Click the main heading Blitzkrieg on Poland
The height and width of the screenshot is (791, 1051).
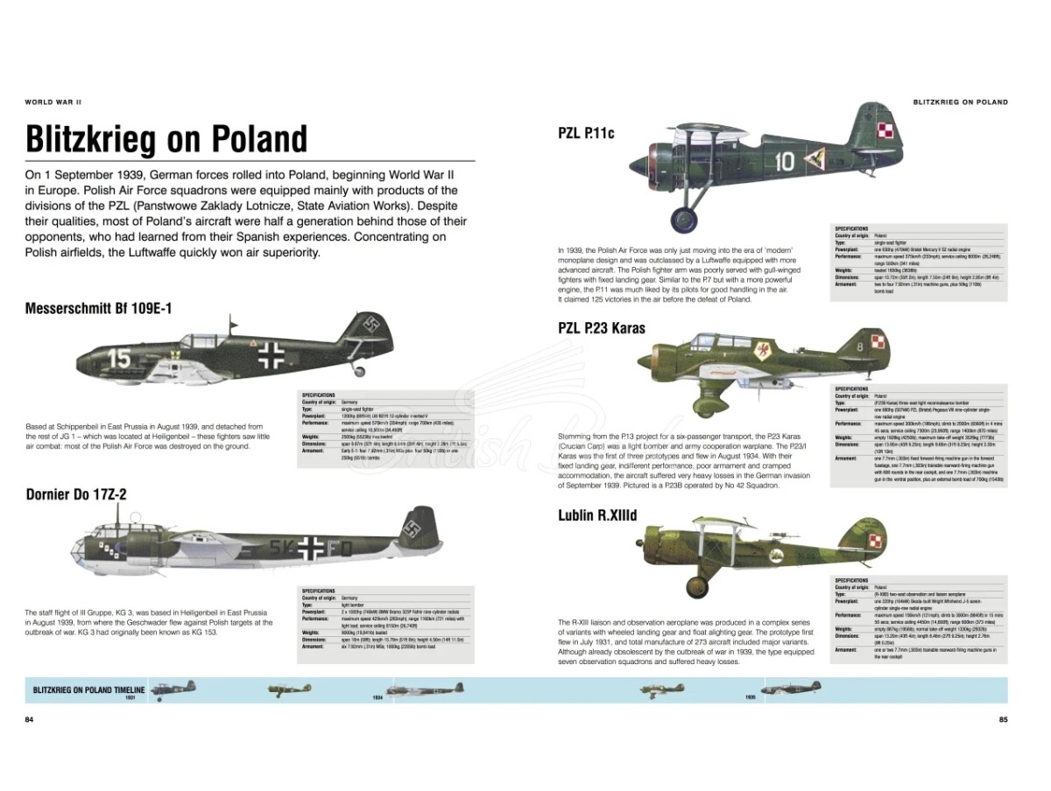coord(166,139)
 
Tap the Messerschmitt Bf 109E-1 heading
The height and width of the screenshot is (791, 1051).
coord(99,309)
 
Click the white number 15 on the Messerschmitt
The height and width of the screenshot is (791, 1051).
coord(119,358)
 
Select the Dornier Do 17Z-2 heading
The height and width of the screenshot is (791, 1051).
coord(76,494)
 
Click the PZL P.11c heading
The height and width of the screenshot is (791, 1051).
coord(586,133)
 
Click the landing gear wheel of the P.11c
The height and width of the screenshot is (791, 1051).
coord(684,220)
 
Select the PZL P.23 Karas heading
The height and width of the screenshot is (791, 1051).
coord(601,328)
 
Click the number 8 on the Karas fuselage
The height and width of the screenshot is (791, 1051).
coord(858,346)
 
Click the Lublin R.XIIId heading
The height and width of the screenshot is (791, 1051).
coord(598,514)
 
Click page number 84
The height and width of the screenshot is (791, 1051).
coord(29,720)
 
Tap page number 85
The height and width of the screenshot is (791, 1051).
coord(1003,720)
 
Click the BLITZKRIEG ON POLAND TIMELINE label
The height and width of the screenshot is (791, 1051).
coord(88,690)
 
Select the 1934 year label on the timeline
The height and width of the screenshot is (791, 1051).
coord(377,698)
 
